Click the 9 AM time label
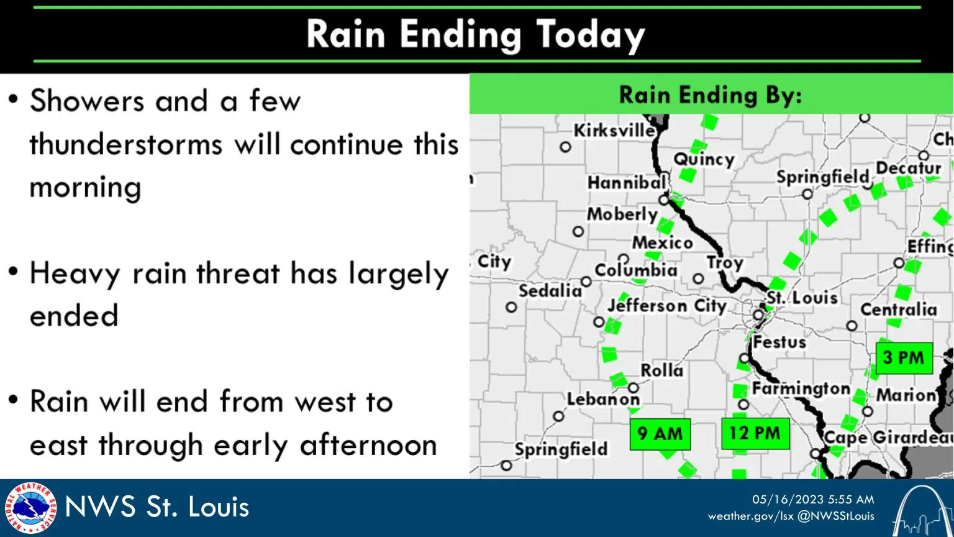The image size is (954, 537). click(660, 433)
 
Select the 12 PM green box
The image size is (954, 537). click(755, 433)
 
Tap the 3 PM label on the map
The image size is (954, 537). click(904, 357)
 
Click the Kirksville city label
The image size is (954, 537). click(614, 131)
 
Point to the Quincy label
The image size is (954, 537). click(704, 159)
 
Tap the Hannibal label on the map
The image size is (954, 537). click(627, 183)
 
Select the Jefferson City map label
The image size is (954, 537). click(666, 306)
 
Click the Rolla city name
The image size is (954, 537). click(661, 370)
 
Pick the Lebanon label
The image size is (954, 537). click(603, 399)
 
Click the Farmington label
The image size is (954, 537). click(801, 389)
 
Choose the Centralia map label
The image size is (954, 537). click(898, 309)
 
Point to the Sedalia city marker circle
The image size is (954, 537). click(511, 307)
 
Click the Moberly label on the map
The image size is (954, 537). click(622, 214)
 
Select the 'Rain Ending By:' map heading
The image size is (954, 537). click(711, 95)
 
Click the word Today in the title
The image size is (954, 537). click(590, 35)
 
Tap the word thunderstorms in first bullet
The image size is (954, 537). click(125, 144)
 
